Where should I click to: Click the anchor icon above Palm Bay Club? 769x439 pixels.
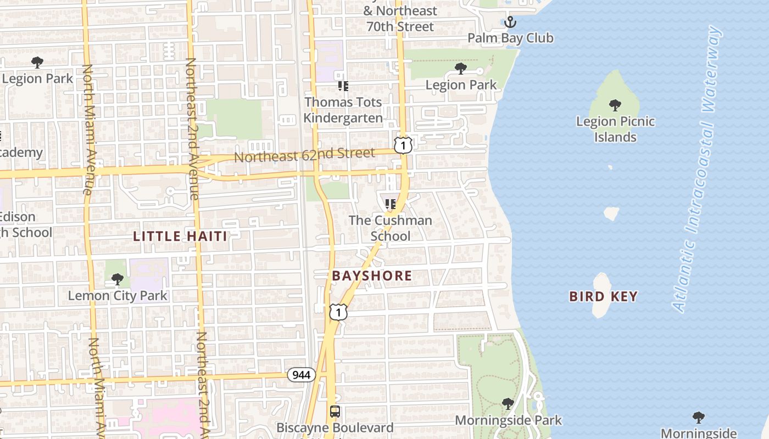coord(510,22)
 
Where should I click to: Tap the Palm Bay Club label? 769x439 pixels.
coord(510,38)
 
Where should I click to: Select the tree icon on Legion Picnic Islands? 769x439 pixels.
coord(615,105)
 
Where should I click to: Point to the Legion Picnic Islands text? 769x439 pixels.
coord(615,129)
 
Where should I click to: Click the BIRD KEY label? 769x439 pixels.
coord(603,297)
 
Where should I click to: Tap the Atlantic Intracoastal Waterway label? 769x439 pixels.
coord(697,169)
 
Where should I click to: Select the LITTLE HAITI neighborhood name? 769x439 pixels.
coord(180,237)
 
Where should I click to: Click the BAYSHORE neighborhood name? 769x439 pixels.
coord(372,275)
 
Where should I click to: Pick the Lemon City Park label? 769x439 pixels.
coord(118,296)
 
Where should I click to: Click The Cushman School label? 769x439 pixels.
coord(391,228)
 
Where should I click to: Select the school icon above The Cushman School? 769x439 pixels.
coord(391,204)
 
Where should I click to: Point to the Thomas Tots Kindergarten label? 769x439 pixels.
coord(343,110)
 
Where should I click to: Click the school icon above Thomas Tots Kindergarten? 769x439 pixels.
coord(343,86)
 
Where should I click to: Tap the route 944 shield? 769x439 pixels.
coord(301,375)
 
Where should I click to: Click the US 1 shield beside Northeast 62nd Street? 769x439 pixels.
coord(403,145)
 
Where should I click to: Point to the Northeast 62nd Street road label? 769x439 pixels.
coord(304,155)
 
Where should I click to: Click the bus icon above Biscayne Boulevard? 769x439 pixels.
coord(335,411)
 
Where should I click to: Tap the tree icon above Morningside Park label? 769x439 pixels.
coord(508,404)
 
